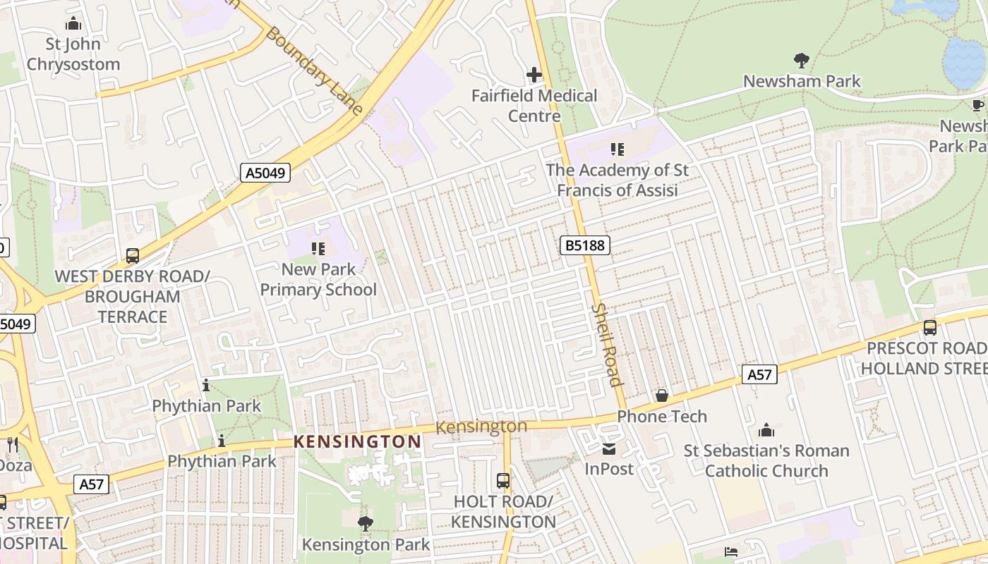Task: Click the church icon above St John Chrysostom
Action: tap(73, 24)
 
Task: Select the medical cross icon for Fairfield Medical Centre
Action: tap(534, 74)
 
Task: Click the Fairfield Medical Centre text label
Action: tap(534, 106)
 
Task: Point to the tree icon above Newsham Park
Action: tap(801, 60)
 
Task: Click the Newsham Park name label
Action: tap(802, 81)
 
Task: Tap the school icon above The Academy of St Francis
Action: tap(617, 149)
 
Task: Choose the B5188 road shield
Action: tap(584, 245)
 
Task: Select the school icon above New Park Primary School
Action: tap(318, 248)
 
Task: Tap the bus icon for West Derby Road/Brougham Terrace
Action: tap(133, 255)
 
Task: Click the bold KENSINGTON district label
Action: tap(357, 442)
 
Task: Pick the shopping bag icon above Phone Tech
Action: tap(662, 396)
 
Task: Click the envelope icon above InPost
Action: tap(609, 448)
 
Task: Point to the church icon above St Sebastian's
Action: tap(766, 430)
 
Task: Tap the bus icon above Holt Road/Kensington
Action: tap(503, 481)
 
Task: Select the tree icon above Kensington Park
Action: tap(365, 523)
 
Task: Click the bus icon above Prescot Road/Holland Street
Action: tap(930, 328)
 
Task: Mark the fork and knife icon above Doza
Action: tap(12, 444)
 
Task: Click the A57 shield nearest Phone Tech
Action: tap(759, 375)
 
